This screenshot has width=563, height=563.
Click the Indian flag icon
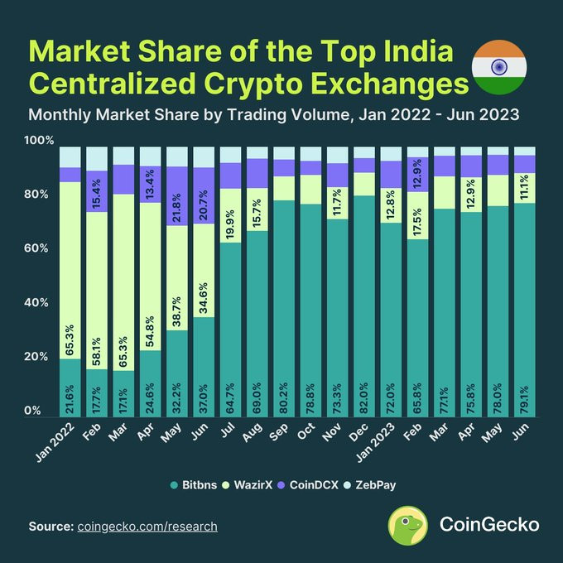498,67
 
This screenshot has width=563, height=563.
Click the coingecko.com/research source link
147,527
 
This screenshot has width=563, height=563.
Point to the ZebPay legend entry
390,484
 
